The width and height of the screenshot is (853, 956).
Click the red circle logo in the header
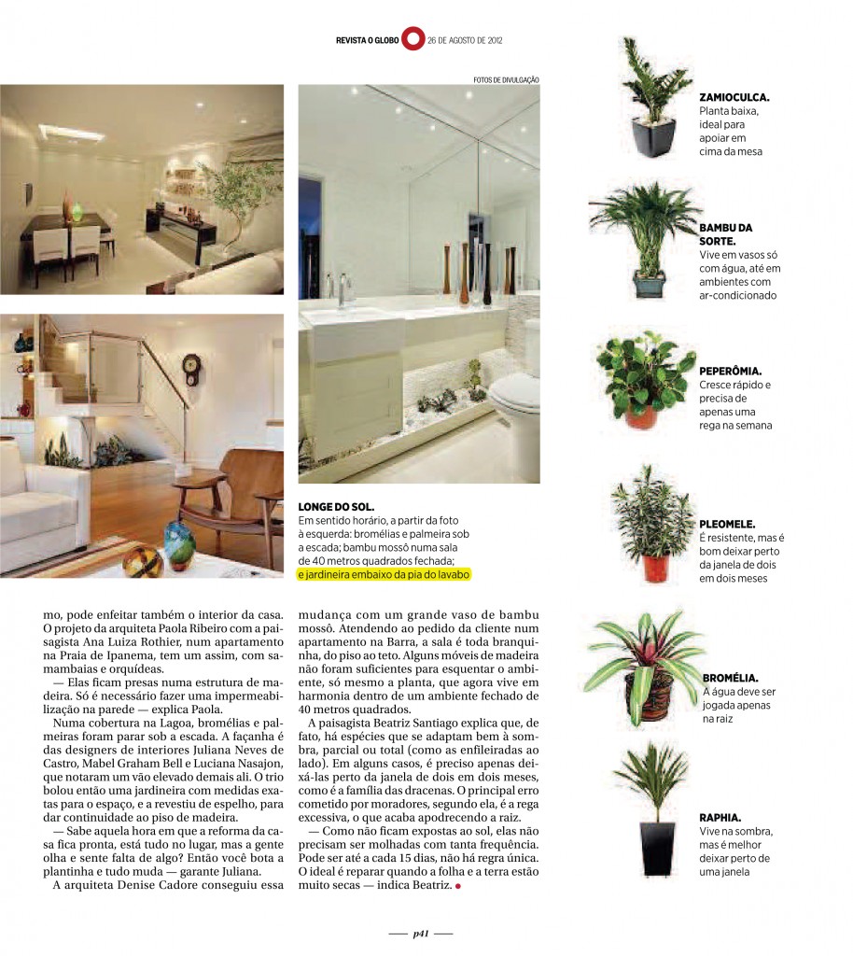413,40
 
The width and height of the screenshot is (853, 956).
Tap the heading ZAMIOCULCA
734,97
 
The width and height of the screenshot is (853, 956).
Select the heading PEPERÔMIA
731,371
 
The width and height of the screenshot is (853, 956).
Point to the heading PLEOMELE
727,525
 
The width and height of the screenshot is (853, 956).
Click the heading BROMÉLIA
730,678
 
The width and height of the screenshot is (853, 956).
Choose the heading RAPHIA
720,816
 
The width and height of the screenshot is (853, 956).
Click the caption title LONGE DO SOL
335,506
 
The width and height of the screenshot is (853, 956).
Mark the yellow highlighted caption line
385,575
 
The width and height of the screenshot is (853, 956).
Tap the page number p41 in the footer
421,932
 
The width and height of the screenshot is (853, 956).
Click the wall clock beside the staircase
191,368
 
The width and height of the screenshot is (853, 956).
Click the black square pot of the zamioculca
653,137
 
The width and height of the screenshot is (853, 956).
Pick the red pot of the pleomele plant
656,568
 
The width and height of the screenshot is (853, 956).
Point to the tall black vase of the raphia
656,847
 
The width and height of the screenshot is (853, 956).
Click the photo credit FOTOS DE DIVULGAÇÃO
506,80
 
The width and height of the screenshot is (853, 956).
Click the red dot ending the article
458,885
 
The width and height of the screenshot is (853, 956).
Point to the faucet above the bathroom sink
342,289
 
